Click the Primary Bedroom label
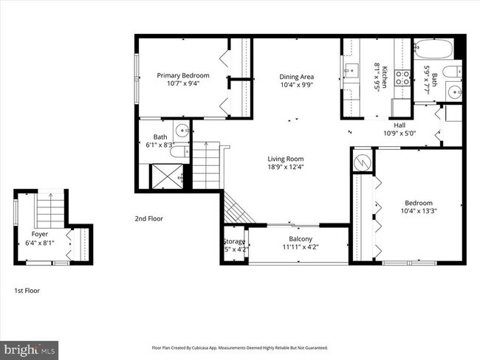point(182,75)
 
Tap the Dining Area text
point(296,77)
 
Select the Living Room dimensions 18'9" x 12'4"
point(285,167)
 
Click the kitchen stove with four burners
point(403,77)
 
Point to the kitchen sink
point(350,73)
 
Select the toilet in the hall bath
point(456,71)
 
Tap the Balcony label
point(300,238)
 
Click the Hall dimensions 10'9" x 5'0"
point(400,134)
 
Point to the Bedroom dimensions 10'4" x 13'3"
point(418,212)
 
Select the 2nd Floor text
point(149,218)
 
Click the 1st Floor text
point(27,291)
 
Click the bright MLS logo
point(30,347)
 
